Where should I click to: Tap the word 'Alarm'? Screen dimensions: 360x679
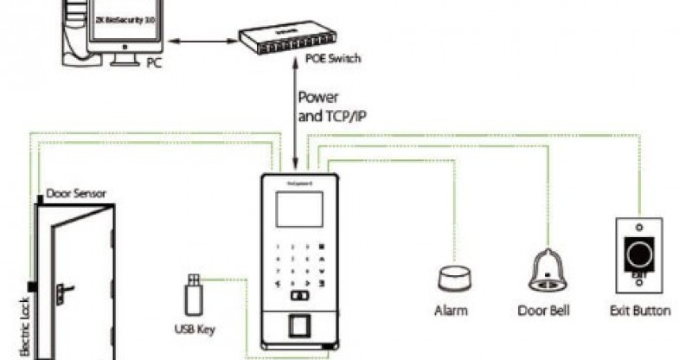coord(452,310)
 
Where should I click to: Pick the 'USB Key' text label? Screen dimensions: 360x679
coord(194,330)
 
